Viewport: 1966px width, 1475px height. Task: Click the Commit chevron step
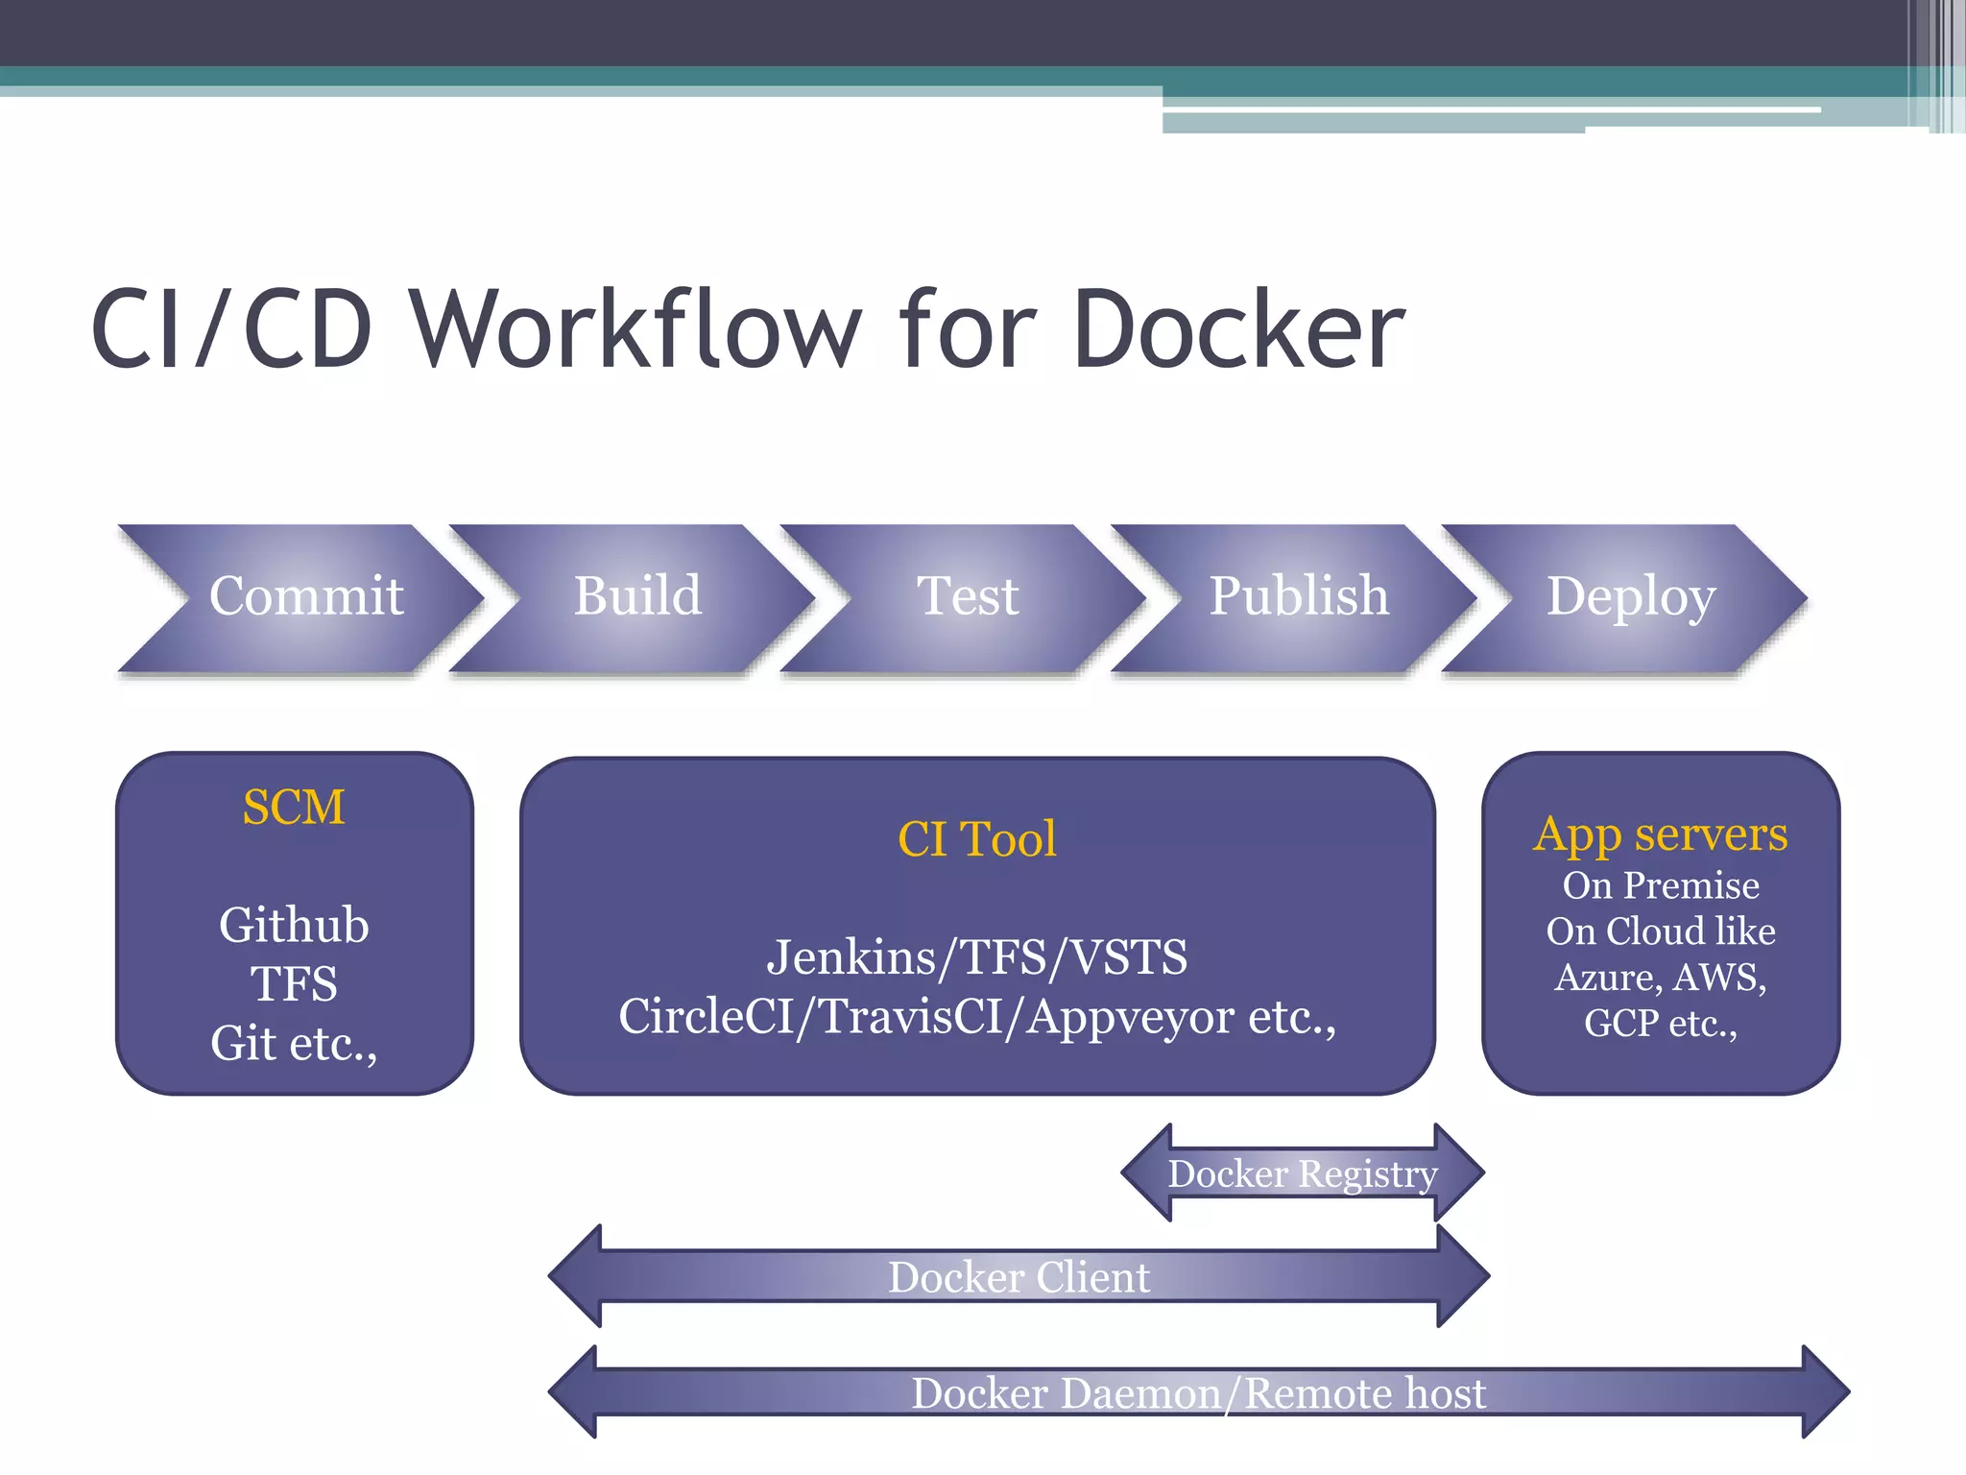point(305,596)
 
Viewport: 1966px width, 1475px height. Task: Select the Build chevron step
point(637,596)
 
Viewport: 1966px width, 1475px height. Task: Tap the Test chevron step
point(968,596)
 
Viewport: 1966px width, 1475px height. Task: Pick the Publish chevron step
point(1299,596)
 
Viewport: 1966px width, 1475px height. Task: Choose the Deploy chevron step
point(1630,596)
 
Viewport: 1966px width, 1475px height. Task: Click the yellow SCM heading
point(294,807)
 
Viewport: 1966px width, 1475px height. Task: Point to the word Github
point(294,926)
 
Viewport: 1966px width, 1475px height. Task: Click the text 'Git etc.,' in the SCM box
point(294,1044)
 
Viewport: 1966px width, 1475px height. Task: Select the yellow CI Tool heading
point(977,839)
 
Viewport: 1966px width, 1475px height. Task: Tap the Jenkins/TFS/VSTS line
point(977,957)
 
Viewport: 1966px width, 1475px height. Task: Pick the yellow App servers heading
point(1661,834)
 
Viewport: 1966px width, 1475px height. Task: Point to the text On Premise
point(1661,885)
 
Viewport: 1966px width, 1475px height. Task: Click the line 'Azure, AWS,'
point(1661,978)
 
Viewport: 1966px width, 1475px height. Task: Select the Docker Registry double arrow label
point(1303,1173)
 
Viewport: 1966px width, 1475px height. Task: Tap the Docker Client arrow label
point(1019,1277)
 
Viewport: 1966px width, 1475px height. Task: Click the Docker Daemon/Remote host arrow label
point(1198,1393)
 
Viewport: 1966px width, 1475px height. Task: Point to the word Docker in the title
point(1238,329)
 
